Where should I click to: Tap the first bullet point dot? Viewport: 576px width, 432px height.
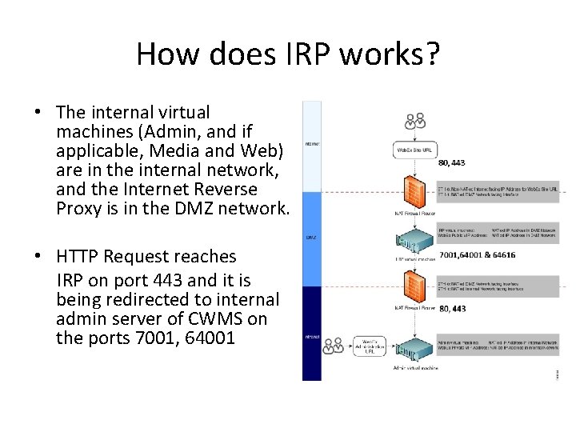[x=38, y=113]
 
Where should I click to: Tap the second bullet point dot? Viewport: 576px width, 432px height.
[x=38, y=257]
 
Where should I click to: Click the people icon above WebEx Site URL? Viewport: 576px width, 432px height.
[x=414, y=122]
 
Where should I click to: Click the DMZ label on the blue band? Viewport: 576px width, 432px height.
[x=310, y=238]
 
